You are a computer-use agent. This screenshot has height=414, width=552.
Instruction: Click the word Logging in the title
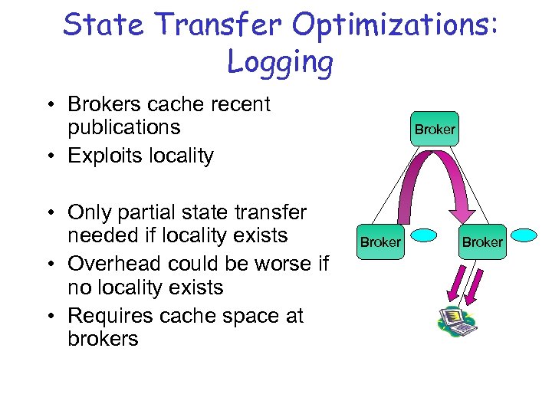(280, 61)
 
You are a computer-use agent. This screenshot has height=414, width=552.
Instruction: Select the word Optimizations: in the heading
(396, 25)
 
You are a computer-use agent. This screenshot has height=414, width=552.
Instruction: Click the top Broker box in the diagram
(435, 130)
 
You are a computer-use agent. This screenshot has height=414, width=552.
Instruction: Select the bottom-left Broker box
(380, 242)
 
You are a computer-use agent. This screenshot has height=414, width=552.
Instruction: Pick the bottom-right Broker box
(482, 242)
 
